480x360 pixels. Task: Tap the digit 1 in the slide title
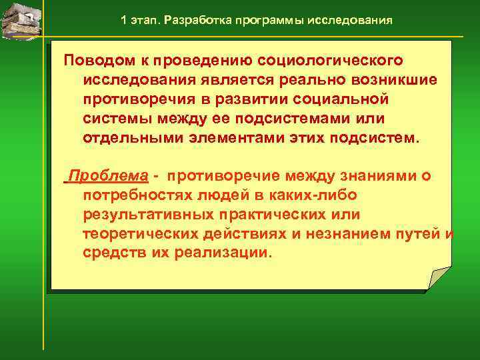[x=125, y=20]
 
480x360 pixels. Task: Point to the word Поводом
[x=101, y=61]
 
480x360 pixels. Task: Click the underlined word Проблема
[x=109, y=176]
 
